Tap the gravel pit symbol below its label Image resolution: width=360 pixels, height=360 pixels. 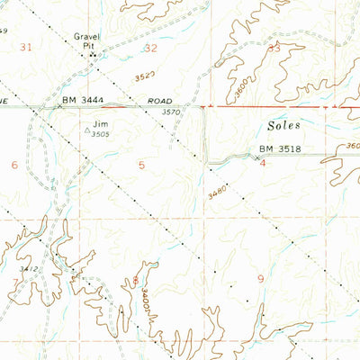[x=91, y=56]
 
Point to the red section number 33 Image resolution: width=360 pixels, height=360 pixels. [x=274, y=48]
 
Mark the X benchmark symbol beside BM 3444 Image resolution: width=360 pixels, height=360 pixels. [x=60, y=106]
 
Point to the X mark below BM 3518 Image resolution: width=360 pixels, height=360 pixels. [x=257, y=158]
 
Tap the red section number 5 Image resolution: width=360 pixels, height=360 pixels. [x=141, y=165]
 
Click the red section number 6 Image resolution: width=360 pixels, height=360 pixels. [x=13, y=165]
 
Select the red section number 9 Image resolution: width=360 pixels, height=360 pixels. [x=260, y=279]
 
